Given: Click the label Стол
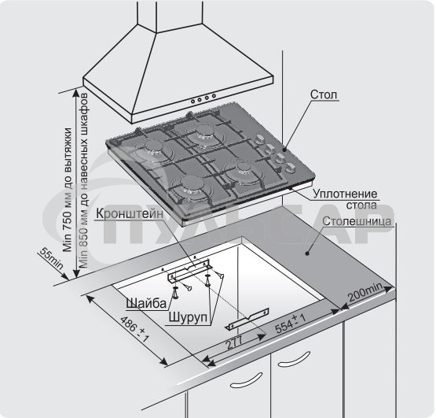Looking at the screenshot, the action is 324,94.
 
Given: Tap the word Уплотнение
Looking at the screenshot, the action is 345,194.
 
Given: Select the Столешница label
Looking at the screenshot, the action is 357,221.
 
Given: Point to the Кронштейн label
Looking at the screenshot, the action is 130,214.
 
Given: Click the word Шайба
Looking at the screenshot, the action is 146,303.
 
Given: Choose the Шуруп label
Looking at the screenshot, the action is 188,317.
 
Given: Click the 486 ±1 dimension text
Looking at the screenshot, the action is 135,328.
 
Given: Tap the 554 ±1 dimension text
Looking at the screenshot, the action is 291,323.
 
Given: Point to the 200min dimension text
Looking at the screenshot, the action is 365,292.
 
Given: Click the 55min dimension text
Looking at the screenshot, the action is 52,258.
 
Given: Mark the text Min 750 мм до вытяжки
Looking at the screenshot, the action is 68,190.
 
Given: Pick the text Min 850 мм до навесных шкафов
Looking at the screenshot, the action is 83,180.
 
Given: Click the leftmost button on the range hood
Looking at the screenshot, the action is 193,101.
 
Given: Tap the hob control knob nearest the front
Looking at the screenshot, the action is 291,168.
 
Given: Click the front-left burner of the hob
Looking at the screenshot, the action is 192,184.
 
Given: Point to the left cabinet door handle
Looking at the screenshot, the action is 247,380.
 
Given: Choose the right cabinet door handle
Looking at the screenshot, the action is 294,360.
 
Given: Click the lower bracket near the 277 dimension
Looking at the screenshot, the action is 248,319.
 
